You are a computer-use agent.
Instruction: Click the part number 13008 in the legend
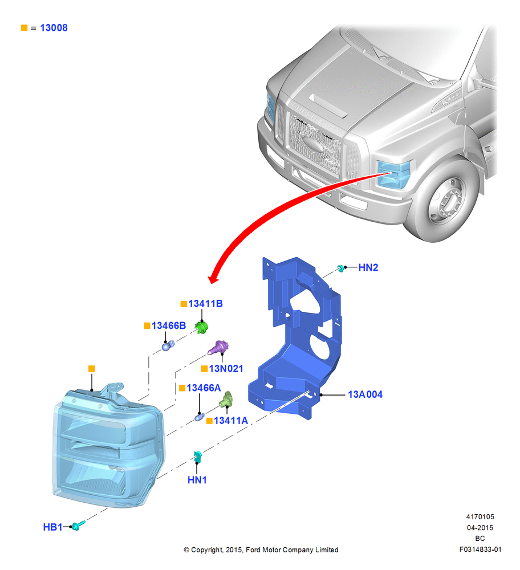(54, 28)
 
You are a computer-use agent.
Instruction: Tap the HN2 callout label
(368, 267)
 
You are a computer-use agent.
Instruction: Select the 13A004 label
(365, 394)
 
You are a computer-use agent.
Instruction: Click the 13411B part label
(205, 304)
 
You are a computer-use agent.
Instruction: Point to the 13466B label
(169, 325)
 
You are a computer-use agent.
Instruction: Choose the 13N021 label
(226, 369)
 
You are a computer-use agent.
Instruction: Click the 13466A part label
(204, 388)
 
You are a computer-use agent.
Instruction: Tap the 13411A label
(231, 421)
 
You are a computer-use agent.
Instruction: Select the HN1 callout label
(197, 480)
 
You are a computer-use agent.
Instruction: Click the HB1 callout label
(52, 527)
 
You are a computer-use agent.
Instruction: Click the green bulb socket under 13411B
(201, 328)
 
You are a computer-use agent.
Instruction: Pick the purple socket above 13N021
(218, 348)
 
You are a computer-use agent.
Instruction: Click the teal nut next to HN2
(341, 268)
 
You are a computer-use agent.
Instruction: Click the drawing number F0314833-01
(480, 549)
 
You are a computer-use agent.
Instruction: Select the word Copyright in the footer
(206, 550)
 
